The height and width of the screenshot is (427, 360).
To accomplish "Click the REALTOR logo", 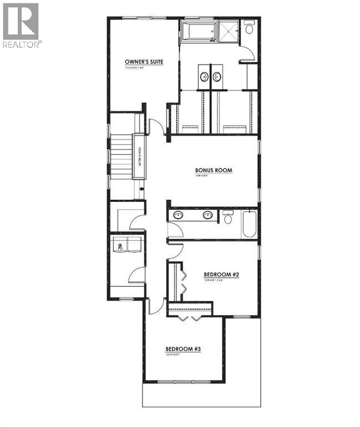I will coord(21,25).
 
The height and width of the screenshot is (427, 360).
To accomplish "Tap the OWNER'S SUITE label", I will coord(144,62).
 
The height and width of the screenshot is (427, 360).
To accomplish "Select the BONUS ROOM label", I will coord(213,171).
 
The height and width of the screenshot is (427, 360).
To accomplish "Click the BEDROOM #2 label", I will coord(221,275).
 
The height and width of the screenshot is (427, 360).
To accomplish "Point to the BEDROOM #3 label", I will coord(183,349).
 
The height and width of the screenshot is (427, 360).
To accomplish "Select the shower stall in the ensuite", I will coord(228,32).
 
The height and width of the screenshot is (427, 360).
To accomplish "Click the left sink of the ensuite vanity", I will coord(204,77).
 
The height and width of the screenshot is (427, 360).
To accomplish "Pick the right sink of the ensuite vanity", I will coord(217,77).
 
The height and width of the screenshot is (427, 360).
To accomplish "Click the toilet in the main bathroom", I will coord(228,217).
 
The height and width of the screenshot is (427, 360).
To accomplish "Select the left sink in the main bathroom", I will coord(178,215).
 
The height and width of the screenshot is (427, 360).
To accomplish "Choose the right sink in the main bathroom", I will coord(207,215).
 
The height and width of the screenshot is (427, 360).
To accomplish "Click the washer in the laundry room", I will coord(121,245).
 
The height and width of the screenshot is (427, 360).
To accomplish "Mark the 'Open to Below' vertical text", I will coord(139,156).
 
